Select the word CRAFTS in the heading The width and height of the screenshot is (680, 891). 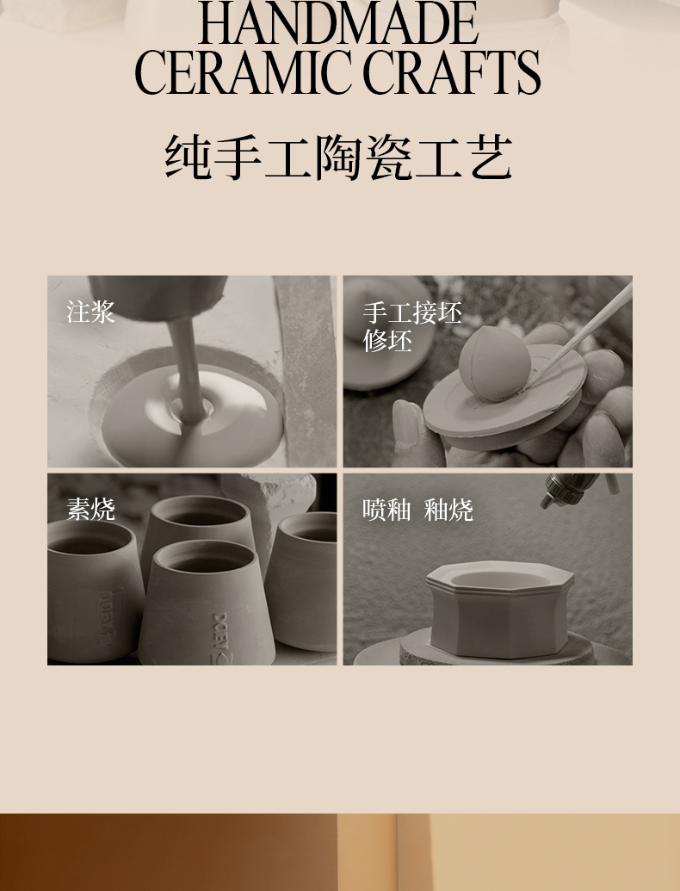(x=452, y=72)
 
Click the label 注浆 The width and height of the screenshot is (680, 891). (x=91, y=312)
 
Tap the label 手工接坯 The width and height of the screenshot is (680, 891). (x=412, y=313)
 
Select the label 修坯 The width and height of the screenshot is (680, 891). (x=387, y=341)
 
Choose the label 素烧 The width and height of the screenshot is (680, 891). (x=91, y=509)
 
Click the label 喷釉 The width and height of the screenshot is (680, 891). (x=386, y=510)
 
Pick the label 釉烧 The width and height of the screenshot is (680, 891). (x=448, y=510)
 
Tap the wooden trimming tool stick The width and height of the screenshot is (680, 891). (x=579, y=331)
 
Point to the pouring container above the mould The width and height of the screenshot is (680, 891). (x=158, y=299)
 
